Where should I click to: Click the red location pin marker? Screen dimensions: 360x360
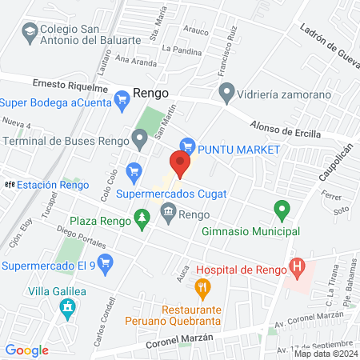pyautogui.click(x=180, y=164)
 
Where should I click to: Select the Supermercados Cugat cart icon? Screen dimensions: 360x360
pyautogui.click(x=135, y=170)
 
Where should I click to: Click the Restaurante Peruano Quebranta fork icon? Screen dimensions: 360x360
pyautogui.click(x=203, y=286)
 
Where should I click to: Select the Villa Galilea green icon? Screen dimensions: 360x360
pyautogui.click(x=68, y=306)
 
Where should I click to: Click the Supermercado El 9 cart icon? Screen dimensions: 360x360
pyautogui.click(x=104, y=262)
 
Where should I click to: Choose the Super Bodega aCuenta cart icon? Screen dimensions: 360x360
pyautogui.click(x=122, y=100)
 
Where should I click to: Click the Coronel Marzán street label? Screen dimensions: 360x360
pyautogui.click(x=181, y=339)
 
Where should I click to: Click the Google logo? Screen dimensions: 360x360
pyautogui.click(x=27, y=350)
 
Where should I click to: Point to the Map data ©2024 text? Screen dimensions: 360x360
pyautogui.click(x=325, y=354)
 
